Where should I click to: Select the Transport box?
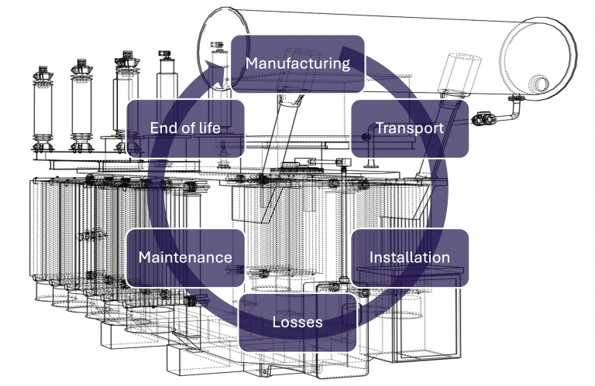point(410,128)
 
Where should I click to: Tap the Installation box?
point(410,258)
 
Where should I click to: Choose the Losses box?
point(297,322)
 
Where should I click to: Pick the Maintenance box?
point(184,258)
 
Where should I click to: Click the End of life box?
point(184,128)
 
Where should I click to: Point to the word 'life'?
point(208,128)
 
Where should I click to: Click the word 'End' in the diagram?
point(161,128)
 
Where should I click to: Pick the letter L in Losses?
point(276,322)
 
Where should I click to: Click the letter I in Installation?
point(372,258)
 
